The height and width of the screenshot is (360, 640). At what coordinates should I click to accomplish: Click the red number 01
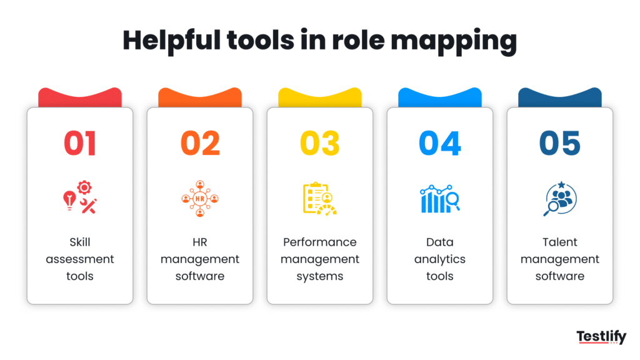click(x=80, y=143)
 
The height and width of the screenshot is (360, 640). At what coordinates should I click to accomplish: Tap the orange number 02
click(x=200, y=143)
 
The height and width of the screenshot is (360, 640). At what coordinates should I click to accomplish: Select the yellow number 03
click(x=320, y=143)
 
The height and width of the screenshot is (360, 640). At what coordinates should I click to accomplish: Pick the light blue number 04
click(x=440, y=143)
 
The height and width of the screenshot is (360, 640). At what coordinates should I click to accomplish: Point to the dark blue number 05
click(x=560, y=143)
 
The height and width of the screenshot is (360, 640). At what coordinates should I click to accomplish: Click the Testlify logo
click(x=601, y=337)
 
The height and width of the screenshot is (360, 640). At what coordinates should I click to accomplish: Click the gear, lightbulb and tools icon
click(x=80, y=198)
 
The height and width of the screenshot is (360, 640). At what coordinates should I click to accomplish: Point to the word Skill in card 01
click(x=80, y=242)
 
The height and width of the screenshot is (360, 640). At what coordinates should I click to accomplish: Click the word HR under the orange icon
click(x=200, y=242)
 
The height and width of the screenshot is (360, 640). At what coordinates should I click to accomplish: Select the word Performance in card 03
click(x=320, y=242)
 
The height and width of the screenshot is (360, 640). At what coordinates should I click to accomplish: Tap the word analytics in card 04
click(x=440, y=259)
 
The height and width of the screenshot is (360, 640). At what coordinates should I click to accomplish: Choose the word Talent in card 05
click(x=560, y=242)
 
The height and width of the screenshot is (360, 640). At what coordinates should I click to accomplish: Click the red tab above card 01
click(x=80, y=97)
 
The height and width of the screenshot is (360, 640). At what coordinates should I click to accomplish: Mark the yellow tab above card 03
click(x=320, y=97)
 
